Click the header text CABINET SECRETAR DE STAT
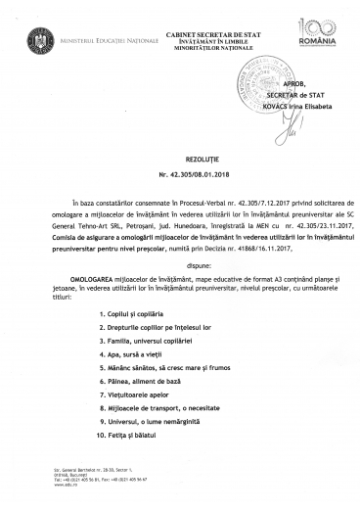(x=180, y=11)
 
